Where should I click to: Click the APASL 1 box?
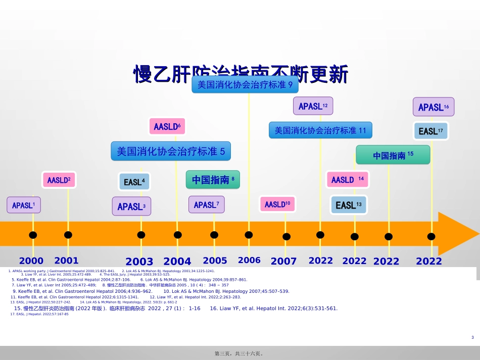click(x=23, y=205)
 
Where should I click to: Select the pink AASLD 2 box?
click(x=59, y=180)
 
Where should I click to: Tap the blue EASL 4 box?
click(x=134, y=181)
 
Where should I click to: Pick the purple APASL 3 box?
click(x=131, y=206)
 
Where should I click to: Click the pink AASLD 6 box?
click(x=167, y=126)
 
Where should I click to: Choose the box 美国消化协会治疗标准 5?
click(x=171, y=150)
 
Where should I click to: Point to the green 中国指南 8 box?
click(x=213, y=179)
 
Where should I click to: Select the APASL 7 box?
click(x=206, y=204)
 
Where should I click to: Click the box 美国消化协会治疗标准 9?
click(x=245, y=84)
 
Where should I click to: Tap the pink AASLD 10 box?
click(x=277, y=204)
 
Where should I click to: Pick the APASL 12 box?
click(x=313, y=106)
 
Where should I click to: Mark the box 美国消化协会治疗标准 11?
click(x=320, y=130)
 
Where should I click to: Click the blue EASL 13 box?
click(x=349, y=205)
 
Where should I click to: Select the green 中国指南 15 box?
click(x=393, y=155)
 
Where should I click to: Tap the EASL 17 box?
click(x=430, y=131)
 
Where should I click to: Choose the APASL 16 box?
click(x=434, y=107)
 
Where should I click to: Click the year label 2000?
click(x=31, y=261)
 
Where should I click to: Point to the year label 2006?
click(x=249, y=261)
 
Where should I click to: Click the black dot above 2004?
click(x=177, y=235)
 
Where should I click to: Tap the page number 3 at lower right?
click(x=472, y=337)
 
